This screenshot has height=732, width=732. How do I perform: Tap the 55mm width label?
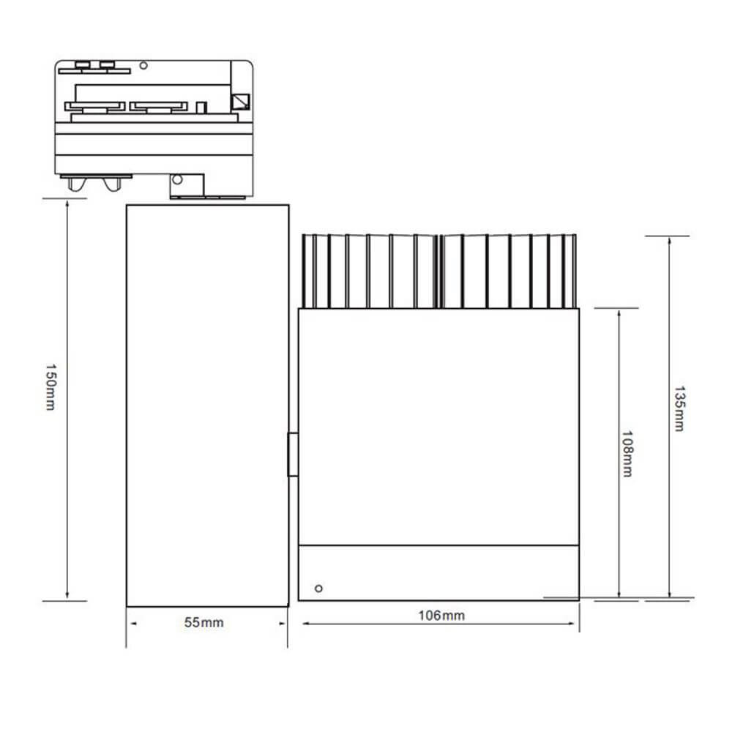[204, 623]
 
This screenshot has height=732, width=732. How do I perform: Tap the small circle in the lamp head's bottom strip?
[318, 588]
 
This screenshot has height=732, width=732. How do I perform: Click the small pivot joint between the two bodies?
[293, 455]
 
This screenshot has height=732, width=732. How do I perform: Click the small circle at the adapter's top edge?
[144, 66]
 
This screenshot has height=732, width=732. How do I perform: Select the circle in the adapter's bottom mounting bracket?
[176, 179]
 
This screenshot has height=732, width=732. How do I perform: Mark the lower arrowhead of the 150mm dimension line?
[67, 594]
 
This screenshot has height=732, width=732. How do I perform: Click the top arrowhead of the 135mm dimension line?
[669, 242]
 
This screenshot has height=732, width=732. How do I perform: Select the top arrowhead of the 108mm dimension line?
[619, 313]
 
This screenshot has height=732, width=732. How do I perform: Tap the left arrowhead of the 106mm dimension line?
[305, 624]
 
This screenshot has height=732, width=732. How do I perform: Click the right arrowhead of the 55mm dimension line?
[283, 624]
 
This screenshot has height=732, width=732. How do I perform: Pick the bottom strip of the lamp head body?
[439, 572]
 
